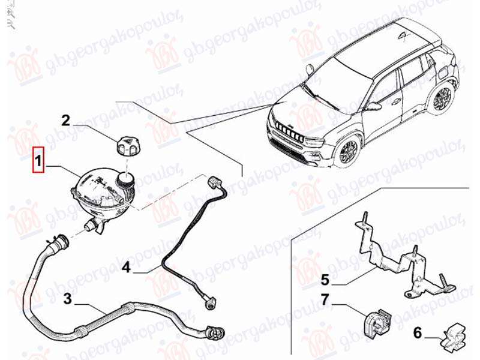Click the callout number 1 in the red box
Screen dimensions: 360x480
(38, 161)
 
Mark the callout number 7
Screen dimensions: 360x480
(325, 299)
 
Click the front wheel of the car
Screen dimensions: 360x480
(348, 150)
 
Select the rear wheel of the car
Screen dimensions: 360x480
(442, 99)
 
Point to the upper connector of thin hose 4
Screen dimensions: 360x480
(213, 181)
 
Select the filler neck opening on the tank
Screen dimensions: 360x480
(126, 178)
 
